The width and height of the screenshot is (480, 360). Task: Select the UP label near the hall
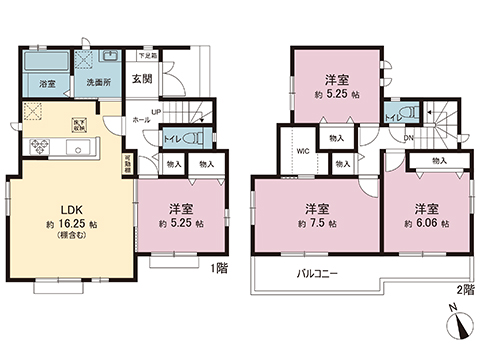155,111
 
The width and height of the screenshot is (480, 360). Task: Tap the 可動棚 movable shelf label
126,164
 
